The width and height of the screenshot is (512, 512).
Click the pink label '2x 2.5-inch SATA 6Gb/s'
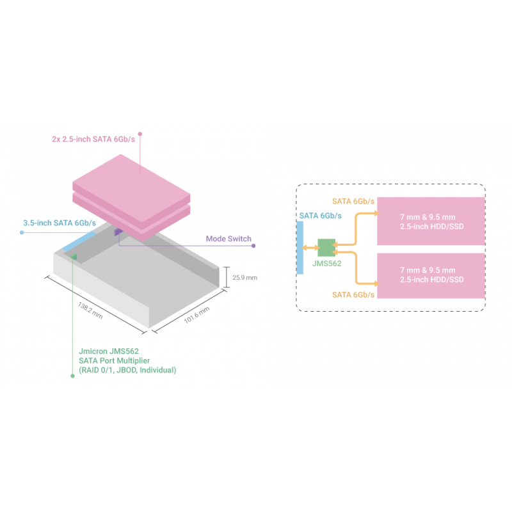pyautogui.click(x=93, y=138)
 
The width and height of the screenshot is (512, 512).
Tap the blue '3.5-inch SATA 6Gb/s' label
pyautogui.click(x=59, y=223)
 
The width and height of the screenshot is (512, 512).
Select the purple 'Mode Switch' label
pyautogui.click(x=228, y=239)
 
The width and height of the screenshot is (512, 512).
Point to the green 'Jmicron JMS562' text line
pyautogui.click(x=108, y=351)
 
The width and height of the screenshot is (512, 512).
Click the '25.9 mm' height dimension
pyautogui.click(x=244, y=278)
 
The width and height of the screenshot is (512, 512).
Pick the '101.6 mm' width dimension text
pyautogui.click(x=197, y=316)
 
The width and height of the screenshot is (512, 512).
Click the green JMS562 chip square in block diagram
pyautogui.click(x=327, y=246)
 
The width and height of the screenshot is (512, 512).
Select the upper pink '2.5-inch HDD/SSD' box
pyautogui.click(x=430, y=220)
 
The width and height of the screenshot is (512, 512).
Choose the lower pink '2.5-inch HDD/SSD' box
pyautogui.click(x=430, y=275)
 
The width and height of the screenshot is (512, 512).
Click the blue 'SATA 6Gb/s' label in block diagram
pyautogui.click(x=320, y=216)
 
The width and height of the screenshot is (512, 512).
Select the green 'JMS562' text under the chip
pyautogui.click(x=327, y=263)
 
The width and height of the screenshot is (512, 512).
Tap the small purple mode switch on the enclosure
pyautogui.click(x=118, y=231)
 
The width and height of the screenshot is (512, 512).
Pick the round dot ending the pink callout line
pyautogui.click(x=140, y=134)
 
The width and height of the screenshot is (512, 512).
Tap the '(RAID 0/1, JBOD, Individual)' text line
pyautogui.click(x=127, y=371)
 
